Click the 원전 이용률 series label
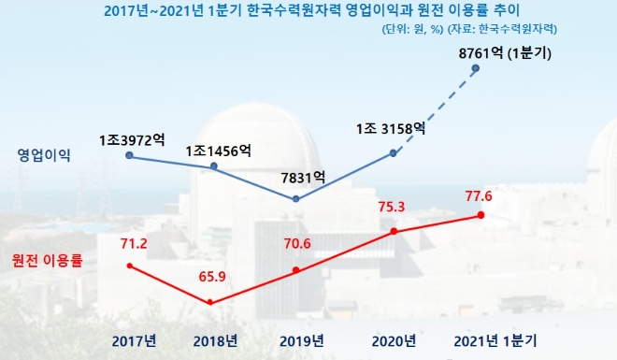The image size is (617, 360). [x=45, y=260]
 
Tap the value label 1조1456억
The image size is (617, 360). [x=218, y=150]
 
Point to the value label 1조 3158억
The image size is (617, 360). [x=391, y=128]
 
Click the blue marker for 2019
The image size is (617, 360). [x=295, y=198]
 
